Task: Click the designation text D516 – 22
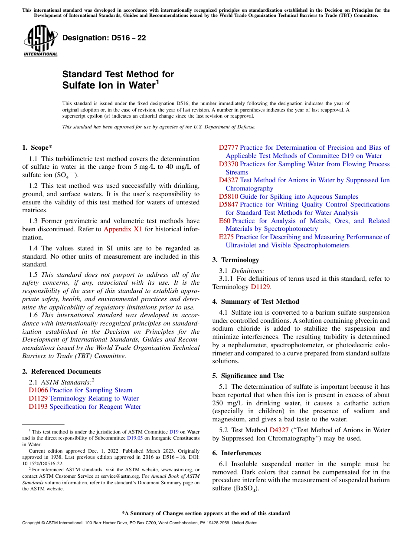click(x=104, y=38)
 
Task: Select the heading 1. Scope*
click(x=38, y=148)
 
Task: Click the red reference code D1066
click(x=38, y=390)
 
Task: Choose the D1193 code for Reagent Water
click(x=38, y=407)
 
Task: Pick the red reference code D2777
click(x=228, y=148)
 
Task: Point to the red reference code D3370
click(x=228, y=164)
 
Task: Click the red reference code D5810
click(x=228, y=197)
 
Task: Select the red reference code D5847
click(x=228, y=204)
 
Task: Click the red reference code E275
click(x=226, y=237)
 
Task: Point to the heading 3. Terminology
click(x=235, y=260)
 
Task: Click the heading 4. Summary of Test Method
click(x=255, y=302)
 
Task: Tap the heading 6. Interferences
click(x=236, y=453)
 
